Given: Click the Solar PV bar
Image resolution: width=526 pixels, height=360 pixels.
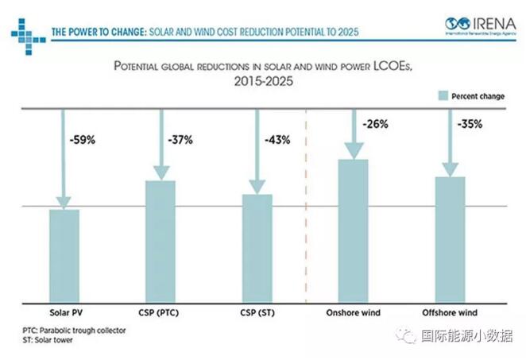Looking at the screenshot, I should point(64,255).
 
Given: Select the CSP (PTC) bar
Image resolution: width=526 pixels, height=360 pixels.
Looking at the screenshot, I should point(161,242).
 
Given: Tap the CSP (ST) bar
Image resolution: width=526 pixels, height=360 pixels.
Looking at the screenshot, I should point(257,248).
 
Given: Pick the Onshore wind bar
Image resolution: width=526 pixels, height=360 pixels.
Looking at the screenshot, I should point(354,230).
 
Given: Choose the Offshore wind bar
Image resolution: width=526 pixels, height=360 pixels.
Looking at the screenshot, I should point(450,239).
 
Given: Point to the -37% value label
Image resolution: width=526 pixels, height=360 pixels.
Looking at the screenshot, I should point(180,140).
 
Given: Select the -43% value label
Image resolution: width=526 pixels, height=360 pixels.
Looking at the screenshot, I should point(277,140).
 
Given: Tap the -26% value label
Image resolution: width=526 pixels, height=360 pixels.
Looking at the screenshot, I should point(374,125).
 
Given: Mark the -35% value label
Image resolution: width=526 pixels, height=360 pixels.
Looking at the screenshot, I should point(470,125).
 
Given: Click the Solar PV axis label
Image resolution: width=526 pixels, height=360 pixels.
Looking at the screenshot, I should point(64,312).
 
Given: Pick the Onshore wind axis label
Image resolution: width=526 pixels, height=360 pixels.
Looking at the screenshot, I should point(354,312).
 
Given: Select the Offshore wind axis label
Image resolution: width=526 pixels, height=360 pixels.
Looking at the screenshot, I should point(450,312).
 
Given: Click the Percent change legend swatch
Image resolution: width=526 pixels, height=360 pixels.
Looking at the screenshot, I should point(443,95).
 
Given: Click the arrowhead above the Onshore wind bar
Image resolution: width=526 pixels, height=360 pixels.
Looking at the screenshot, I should point(354,150).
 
